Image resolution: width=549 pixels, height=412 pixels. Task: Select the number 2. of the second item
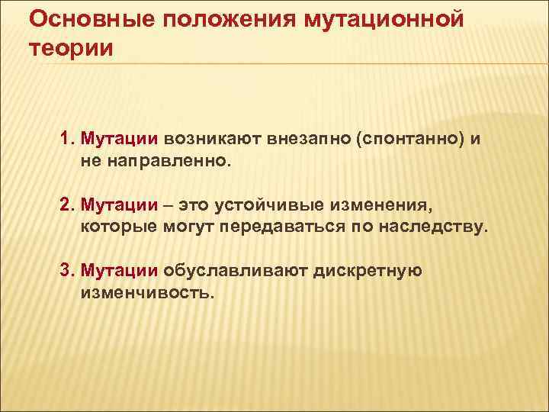68,205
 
